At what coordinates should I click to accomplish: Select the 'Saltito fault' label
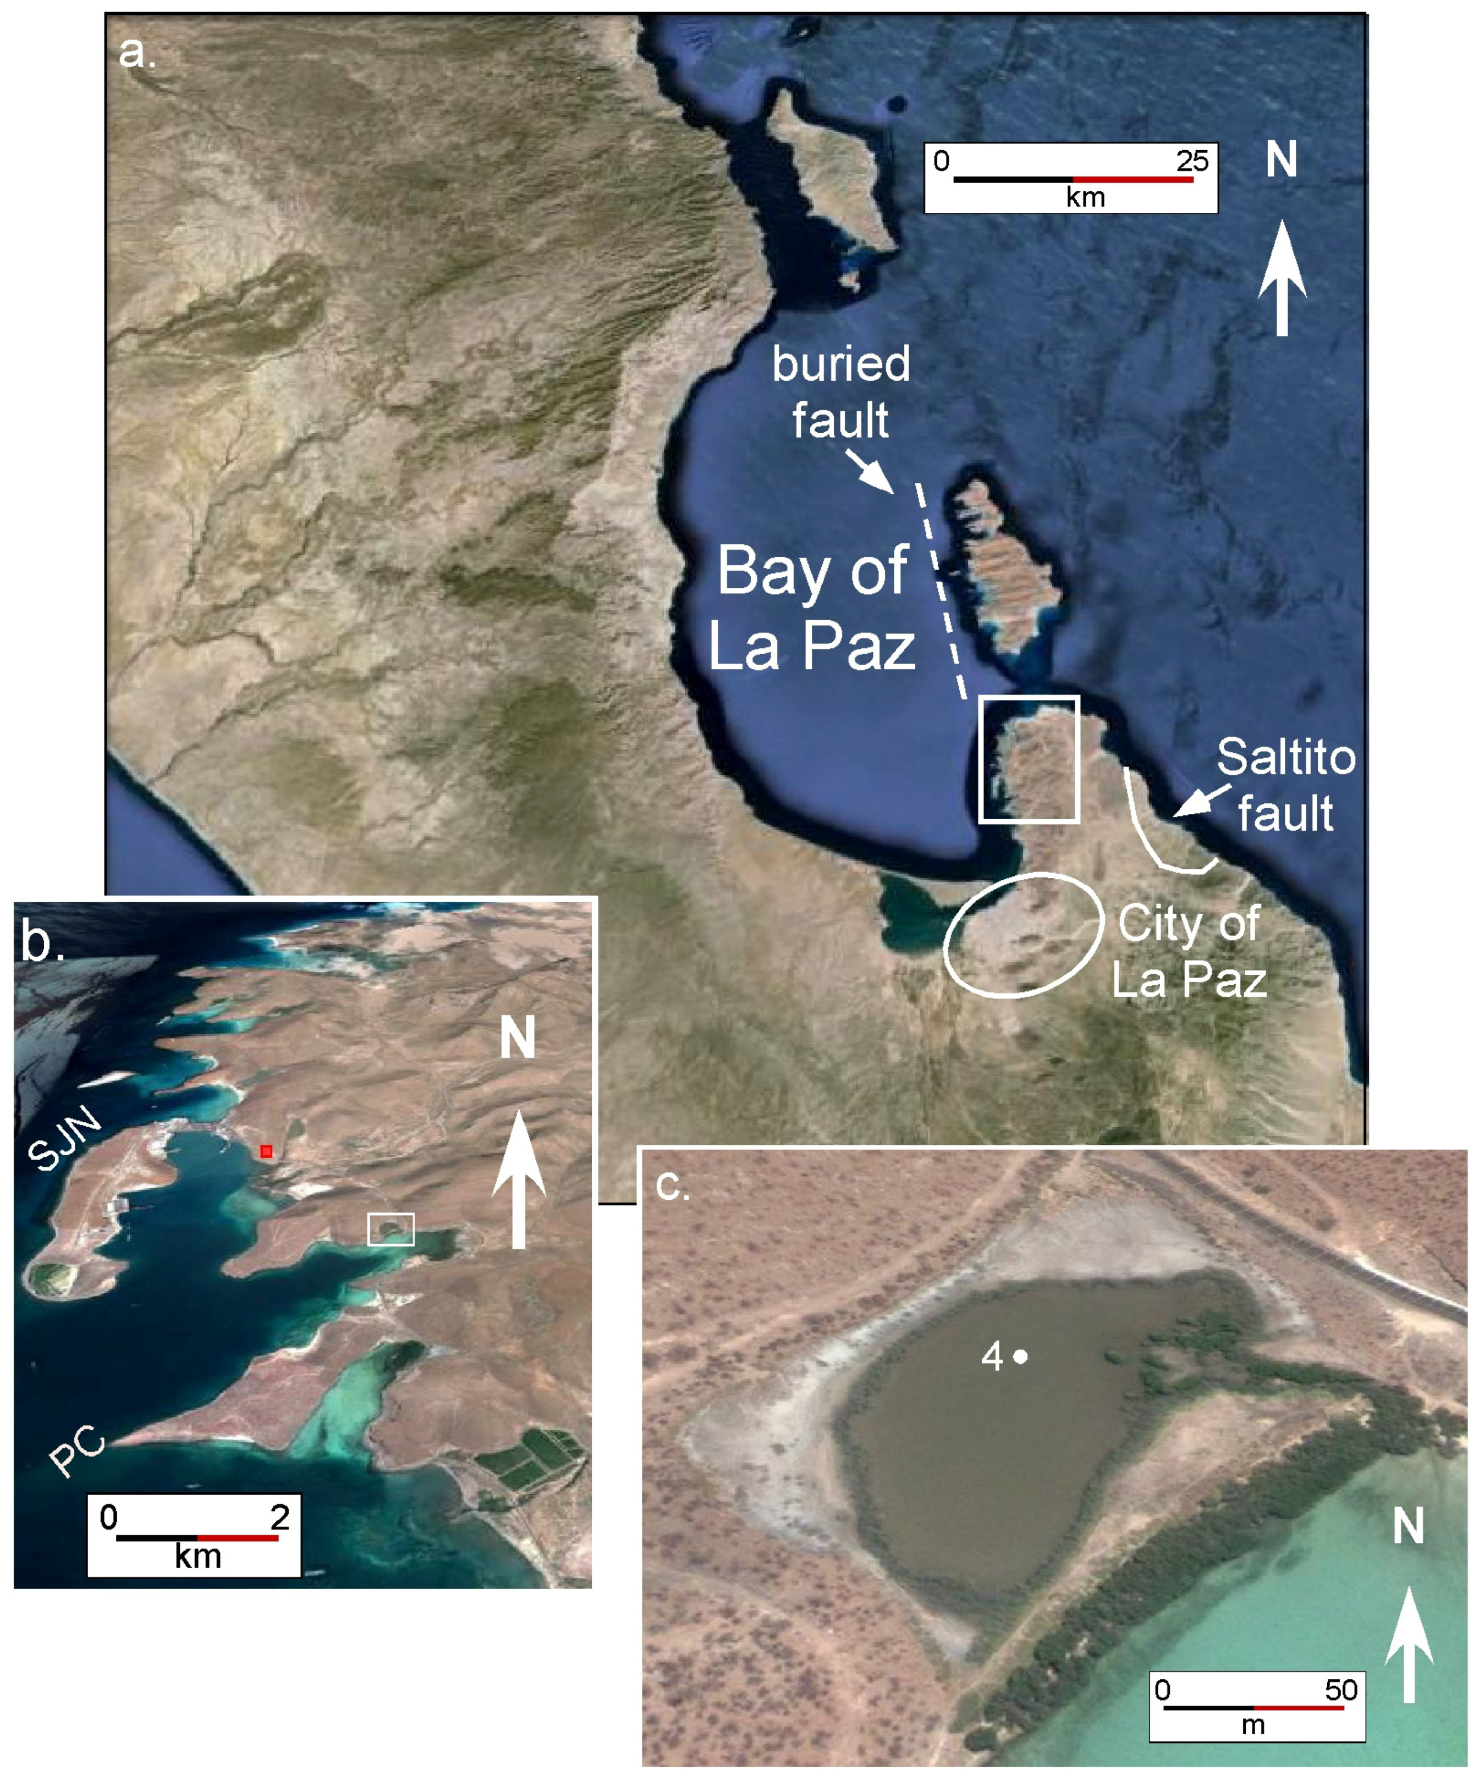(x=1285, y=785)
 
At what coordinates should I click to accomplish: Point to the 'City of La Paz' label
(x=1189, y=951)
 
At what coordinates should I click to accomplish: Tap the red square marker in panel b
(x=267, y=1151)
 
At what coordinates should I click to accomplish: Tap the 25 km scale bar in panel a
(x=1073, y=179)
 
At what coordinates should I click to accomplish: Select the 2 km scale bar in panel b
(x=197, y=1537)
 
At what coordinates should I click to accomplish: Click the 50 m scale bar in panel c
(x=1254, y=1707)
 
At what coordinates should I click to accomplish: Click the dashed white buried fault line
(x=939, y=592)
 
